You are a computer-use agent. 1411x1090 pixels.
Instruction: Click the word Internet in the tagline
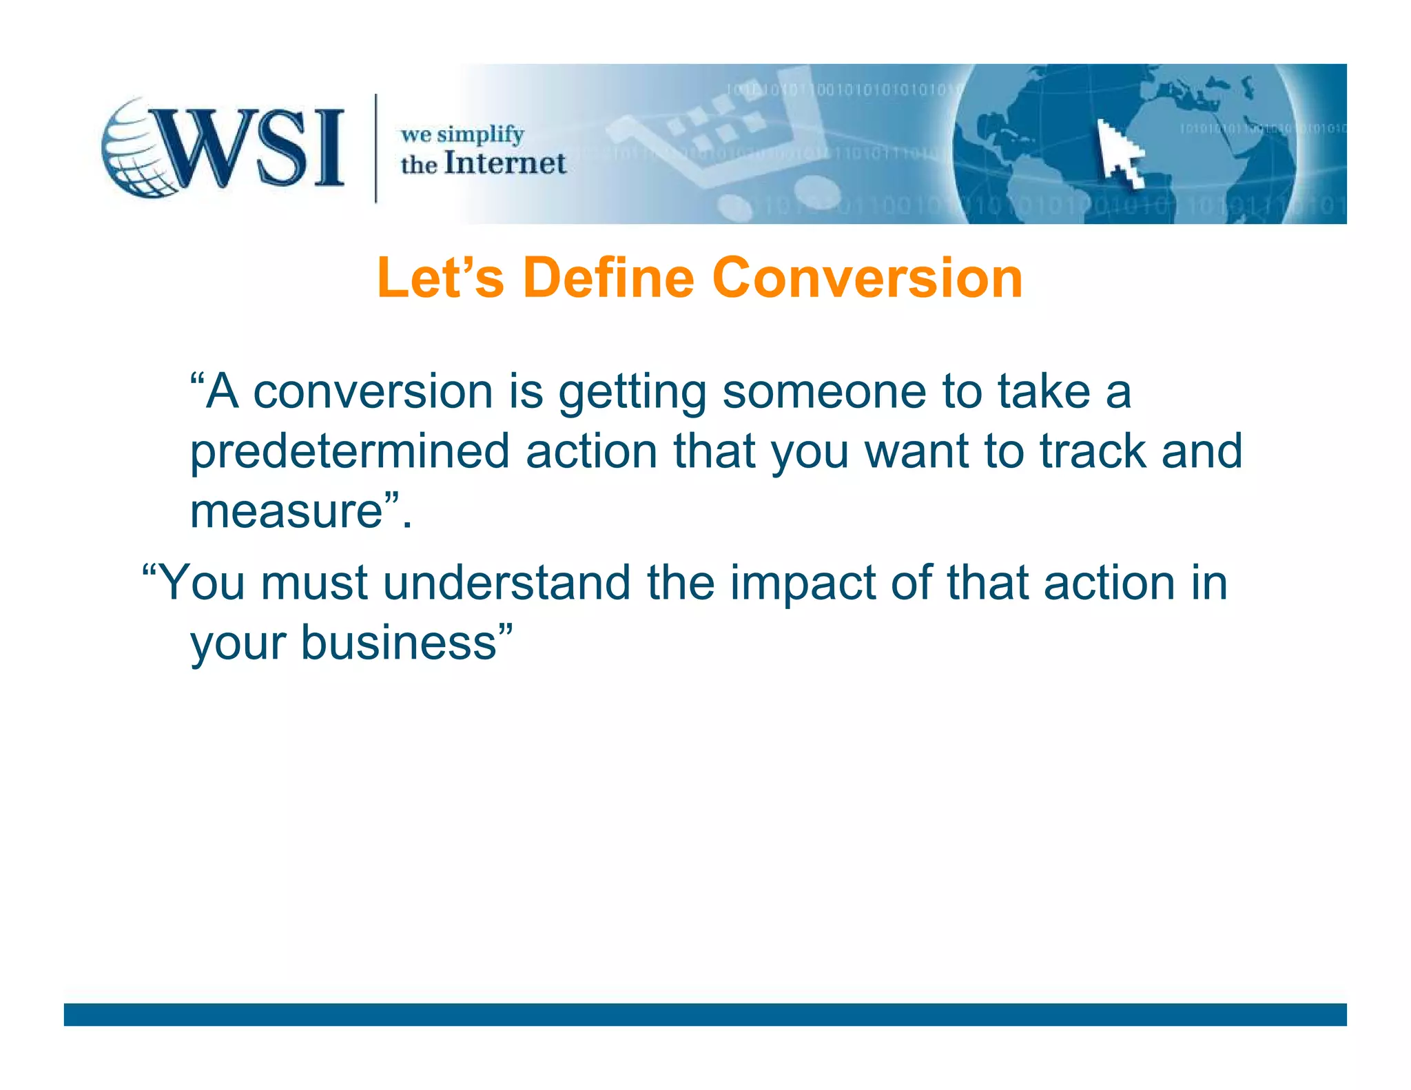[505, 164]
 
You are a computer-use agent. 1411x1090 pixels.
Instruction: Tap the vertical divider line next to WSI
[375, 148]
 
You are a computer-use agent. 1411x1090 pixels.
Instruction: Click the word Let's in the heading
[440, 278]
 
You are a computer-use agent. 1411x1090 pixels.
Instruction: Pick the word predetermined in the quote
[349, 452]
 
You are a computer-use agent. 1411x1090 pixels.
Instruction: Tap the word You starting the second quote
[202, 583]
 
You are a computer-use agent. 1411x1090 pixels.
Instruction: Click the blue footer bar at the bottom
[705, 1014]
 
